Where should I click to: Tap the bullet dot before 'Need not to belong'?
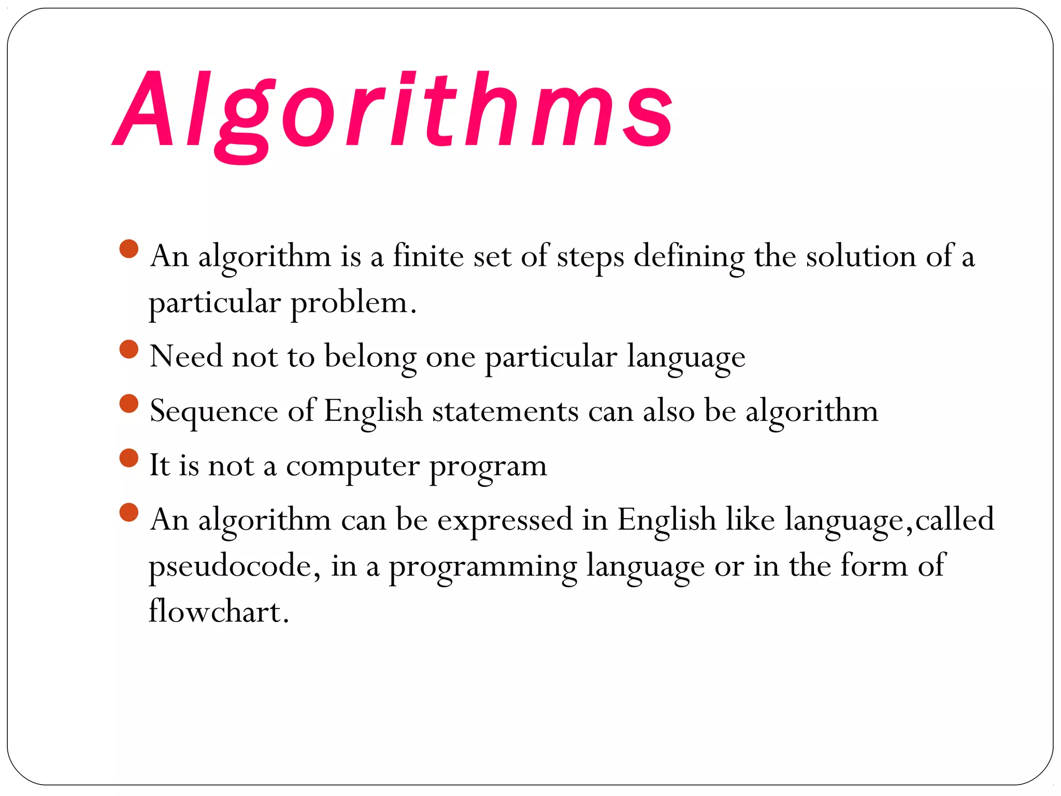[x=128, y=349]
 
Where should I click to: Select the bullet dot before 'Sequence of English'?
[x=128, y=404]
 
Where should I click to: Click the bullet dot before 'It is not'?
[x=128, y=458]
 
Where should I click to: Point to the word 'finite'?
[x=428, y=256]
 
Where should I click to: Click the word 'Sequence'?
[x=213, y=412]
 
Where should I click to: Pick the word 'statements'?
[x=505, y=411]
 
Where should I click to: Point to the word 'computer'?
[x=352, y=466]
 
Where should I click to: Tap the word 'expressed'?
[x=505, y=520]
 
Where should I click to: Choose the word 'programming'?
[x=483, y=567]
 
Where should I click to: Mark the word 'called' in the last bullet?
[x=954, y=519]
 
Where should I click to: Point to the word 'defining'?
[x=689, y=257]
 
